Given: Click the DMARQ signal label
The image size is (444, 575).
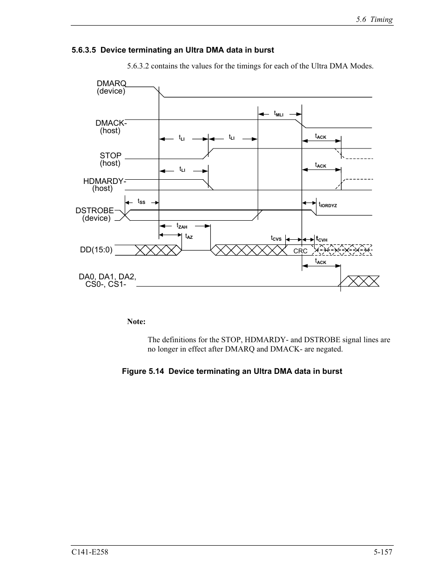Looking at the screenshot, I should tap(111, 83).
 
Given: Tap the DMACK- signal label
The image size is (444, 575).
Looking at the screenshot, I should tap(111, 123).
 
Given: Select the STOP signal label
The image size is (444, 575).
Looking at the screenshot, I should tap(110, 156).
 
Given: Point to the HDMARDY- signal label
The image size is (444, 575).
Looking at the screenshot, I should tap(105, 181).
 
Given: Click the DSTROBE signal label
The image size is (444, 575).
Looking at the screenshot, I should tap(94, 210).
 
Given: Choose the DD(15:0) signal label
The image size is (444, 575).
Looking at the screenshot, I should tap(96, 250).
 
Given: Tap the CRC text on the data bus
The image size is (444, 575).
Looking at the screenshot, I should tap(300, 251).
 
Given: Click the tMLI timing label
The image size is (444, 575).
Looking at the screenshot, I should tap(278, 114).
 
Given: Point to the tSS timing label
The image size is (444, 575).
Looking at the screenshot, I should tap(141, 202).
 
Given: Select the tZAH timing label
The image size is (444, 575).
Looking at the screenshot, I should tap(182, 226).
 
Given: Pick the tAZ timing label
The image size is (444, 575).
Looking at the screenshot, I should tap(188, 237).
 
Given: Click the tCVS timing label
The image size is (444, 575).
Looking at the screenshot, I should tap(276, 238).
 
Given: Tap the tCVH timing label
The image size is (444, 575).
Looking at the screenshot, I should tap(322, 239).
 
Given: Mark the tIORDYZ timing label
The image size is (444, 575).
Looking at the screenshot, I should tap(328, 204).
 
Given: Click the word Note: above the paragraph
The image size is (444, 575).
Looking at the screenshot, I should tap(136, 322).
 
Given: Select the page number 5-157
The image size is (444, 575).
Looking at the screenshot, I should tap(383, 552).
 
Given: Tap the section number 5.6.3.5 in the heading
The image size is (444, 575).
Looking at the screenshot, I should tap(84, 50).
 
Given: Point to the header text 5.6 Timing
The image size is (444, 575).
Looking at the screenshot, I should tap(374, 20).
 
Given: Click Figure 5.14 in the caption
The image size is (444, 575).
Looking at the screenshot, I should tap(143, 371).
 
